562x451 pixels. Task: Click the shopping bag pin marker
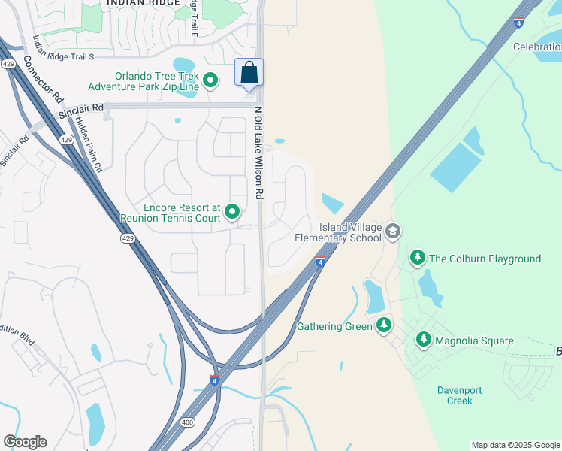[x=249, y=74]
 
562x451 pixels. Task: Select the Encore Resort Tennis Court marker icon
[x=232, y=213]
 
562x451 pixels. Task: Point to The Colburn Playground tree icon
[x=418, y=259]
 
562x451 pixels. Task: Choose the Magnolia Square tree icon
[x=425, y=341]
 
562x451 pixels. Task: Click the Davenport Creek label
[x=460, y=395]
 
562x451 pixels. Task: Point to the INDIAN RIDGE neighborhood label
[x=143, y=3]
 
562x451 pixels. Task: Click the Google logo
[x=25, y=442]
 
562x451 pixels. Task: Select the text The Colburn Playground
[x=485, y=259]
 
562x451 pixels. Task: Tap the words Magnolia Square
[x=476, y=341]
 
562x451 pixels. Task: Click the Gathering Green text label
[x=334, y=326]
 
